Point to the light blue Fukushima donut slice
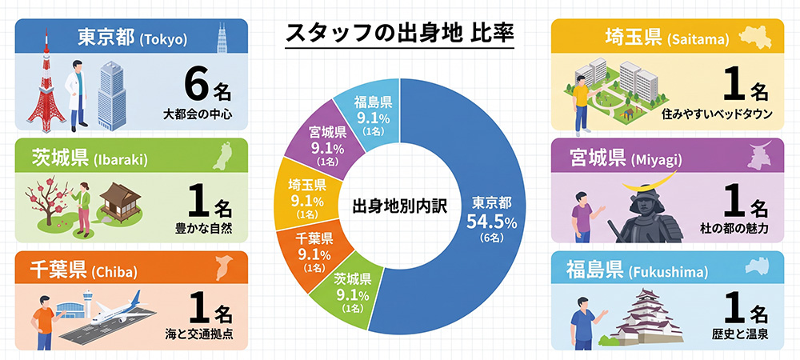pyautogui.click(x=374, y=114)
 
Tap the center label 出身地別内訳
pyautogui.click(x=400, y=207)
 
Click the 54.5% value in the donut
pyautogui.click(x=492, y=223)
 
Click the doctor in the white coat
pyautogui.click(x=77, y=94)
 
